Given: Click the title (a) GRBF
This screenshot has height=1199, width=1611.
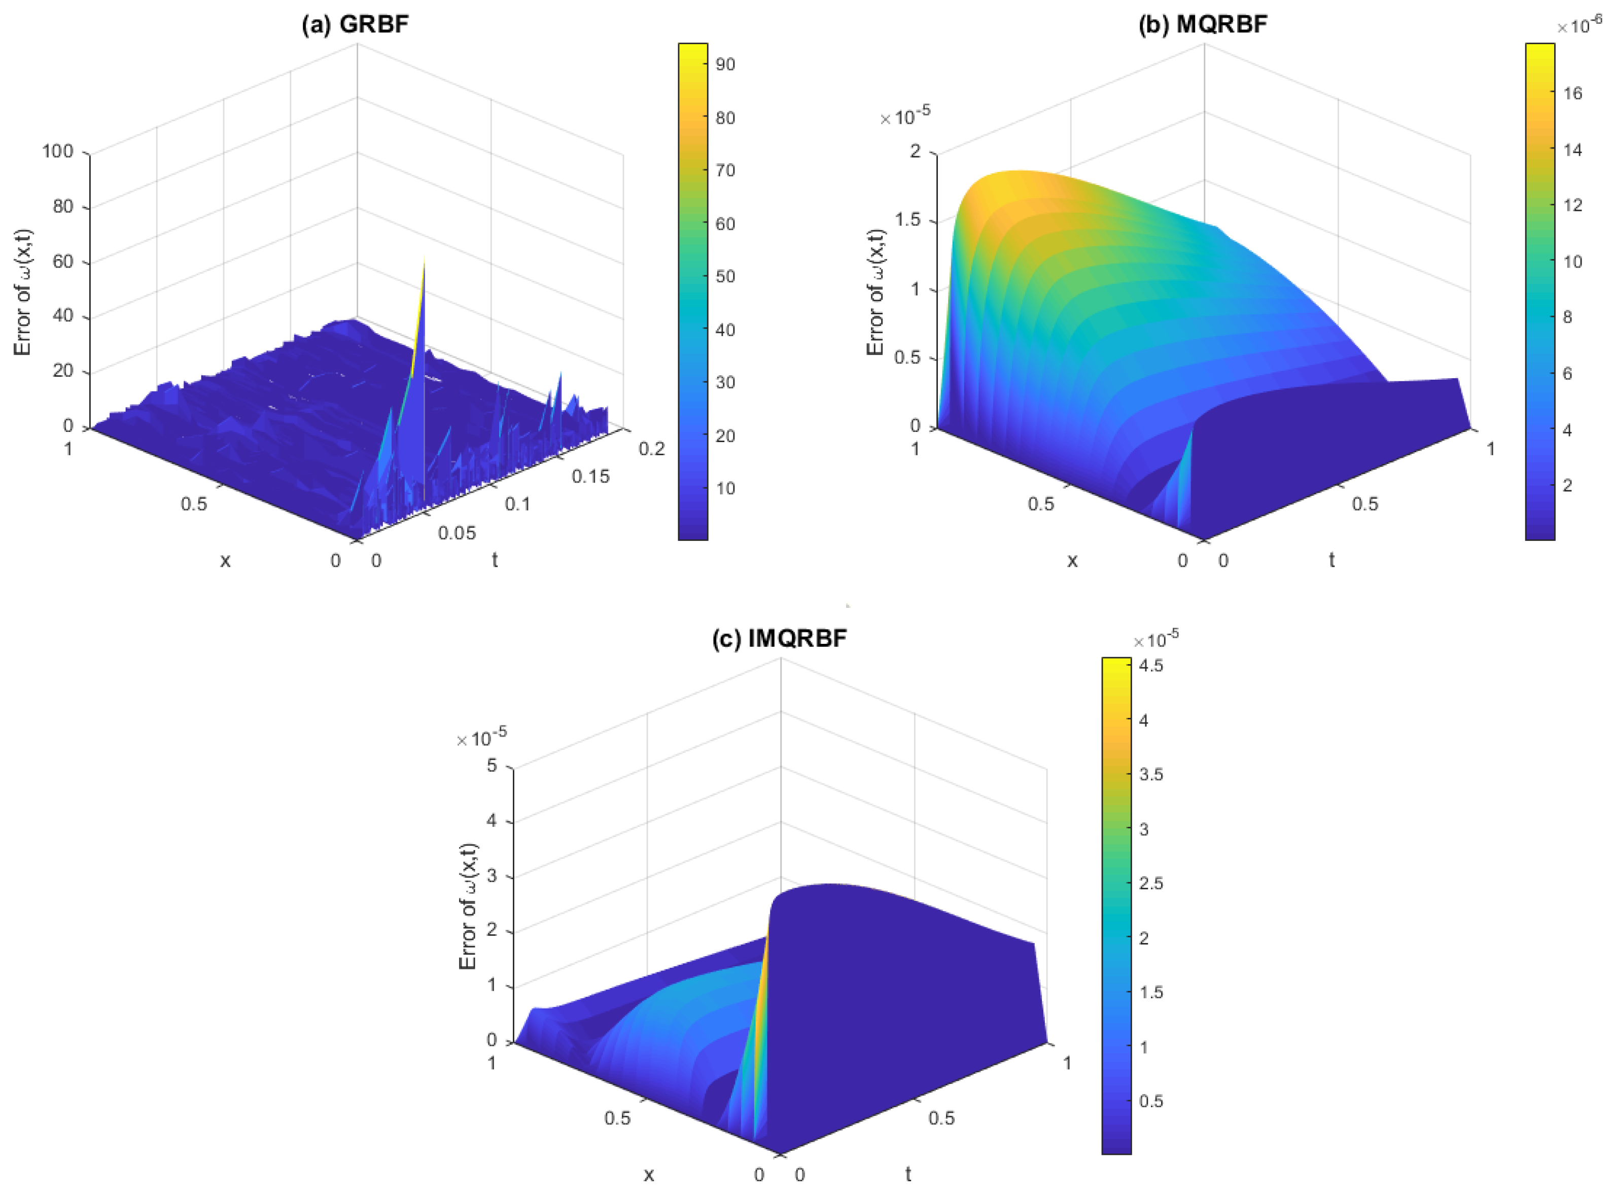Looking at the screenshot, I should click(355, 24).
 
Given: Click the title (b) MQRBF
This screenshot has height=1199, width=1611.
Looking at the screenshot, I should click(1202, 24).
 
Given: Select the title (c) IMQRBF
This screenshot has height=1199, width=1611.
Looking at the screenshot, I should click(779, 639).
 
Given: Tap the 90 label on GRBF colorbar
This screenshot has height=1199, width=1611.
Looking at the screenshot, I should click(724, 64).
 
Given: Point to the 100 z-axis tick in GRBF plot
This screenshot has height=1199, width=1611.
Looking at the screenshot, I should click(58, 151).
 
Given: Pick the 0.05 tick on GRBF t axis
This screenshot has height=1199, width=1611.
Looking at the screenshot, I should click(457, 533).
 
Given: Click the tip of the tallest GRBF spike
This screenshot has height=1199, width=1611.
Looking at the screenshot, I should click(424, 257).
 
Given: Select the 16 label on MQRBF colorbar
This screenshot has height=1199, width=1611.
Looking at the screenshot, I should click(1572, 93).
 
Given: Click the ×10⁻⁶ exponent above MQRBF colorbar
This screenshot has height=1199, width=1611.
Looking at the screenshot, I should click(1580, 27).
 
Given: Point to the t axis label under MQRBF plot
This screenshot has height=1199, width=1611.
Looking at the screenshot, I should click(1332, 560).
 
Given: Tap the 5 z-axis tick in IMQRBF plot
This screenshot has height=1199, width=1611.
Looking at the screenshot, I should click(492, 766).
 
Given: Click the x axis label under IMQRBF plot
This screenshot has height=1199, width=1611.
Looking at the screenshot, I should click(648, 1174).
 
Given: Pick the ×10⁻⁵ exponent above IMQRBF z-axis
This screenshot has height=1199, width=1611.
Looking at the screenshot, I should click(481, 738).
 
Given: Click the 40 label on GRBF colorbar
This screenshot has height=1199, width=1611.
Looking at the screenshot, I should click(724, 330).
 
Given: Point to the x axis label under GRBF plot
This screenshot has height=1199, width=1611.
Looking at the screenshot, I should click(225, 560).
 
